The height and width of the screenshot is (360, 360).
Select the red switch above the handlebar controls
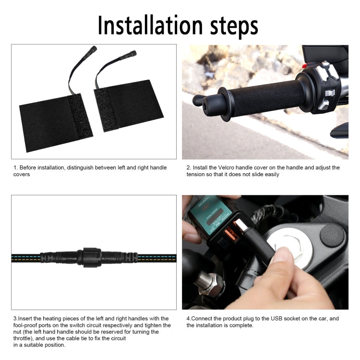tap(304, 66)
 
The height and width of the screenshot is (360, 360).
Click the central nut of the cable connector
tap(91, 257)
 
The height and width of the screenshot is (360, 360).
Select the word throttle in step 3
tap(24, 338)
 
